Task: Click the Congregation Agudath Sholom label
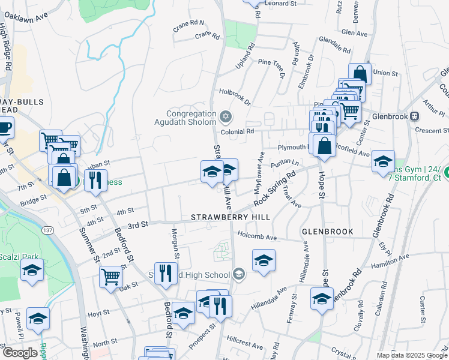pos(191,118)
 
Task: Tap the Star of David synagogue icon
pos(226,116)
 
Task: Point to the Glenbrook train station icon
pos(414,116)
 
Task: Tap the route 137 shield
pos(48,230)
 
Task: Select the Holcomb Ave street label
pos(258,238)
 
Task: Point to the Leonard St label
pos(281,4)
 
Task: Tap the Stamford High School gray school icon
pos(239,275)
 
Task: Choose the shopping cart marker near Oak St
pos(111,277)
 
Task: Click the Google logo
pos(20,353)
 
